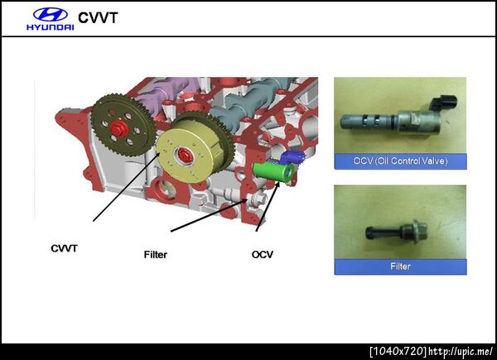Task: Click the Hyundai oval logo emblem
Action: coord(51,15)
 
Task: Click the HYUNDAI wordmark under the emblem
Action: coord(51,27)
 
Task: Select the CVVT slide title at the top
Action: coord(98,17)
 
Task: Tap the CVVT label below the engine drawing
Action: coord(64,248)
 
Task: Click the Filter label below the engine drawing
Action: coord(156,255)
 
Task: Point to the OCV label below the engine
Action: coord(262,255)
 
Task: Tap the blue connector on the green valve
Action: coord(292,156)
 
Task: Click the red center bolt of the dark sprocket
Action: coord(119,128)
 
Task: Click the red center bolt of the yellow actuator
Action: coord(184,155)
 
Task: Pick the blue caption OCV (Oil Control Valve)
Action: coord(400,161)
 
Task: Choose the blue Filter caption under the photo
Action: coord(400,266)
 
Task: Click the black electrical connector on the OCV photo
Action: coord(444,103)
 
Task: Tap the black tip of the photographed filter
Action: coord(371,233)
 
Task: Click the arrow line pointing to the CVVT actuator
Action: coord(126,187)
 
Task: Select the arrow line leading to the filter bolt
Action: coord(210,215)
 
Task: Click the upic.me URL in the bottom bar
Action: coord(461,352)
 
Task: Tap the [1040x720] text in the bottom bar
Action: coord(398,352)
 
